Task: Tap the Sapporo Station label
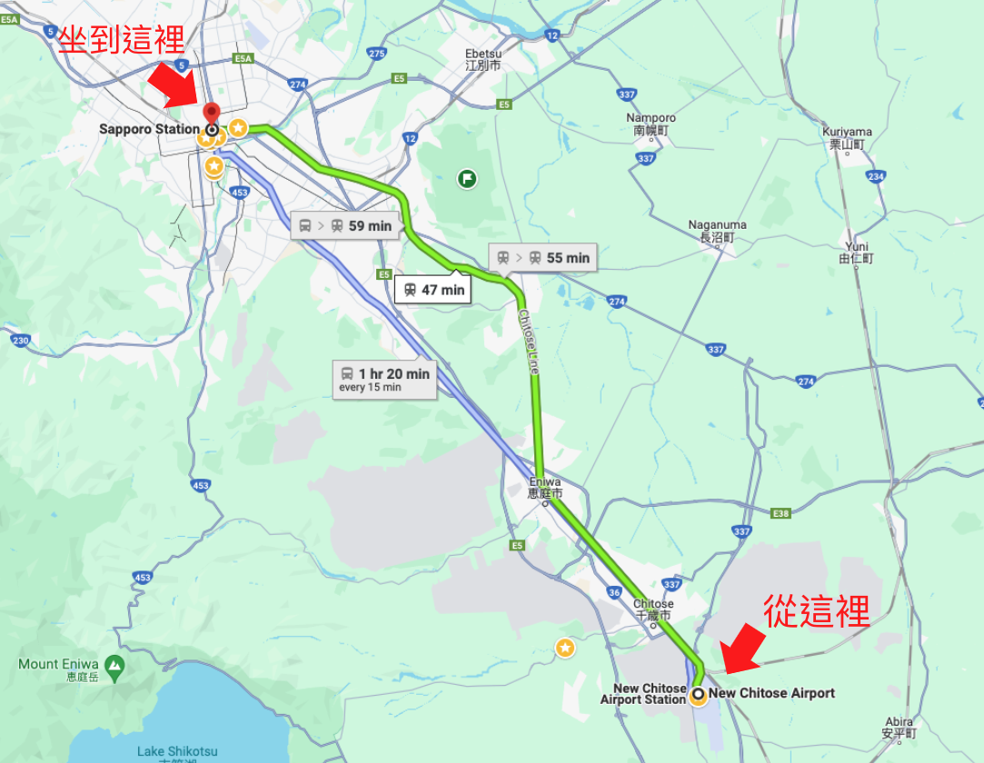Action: click(148, 129)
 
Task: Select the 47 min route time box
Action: click(434, 290)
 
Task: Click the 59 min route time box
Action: click(345, 225)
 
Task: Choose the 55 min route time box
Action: click(543, 258)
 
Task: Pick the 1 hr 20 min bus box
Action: click(383, 379)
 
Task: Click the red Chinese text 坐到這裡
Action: click(121, 39)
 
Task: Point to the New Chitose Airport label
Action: click(771, 693)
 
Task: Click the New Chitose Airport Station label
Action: click(643, 694)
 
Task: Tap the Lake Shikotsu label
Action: click(177, 752)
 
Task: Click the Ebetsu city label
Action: click(482, 59)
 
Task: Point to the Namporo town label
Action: click(651, 124)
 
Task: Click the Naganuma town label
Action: click(717, 231)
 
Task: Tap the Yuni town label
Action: click(856, 252)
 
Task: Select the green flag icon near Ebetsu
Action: click(467, 178)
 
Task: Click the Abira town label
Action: click(898, 727)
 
